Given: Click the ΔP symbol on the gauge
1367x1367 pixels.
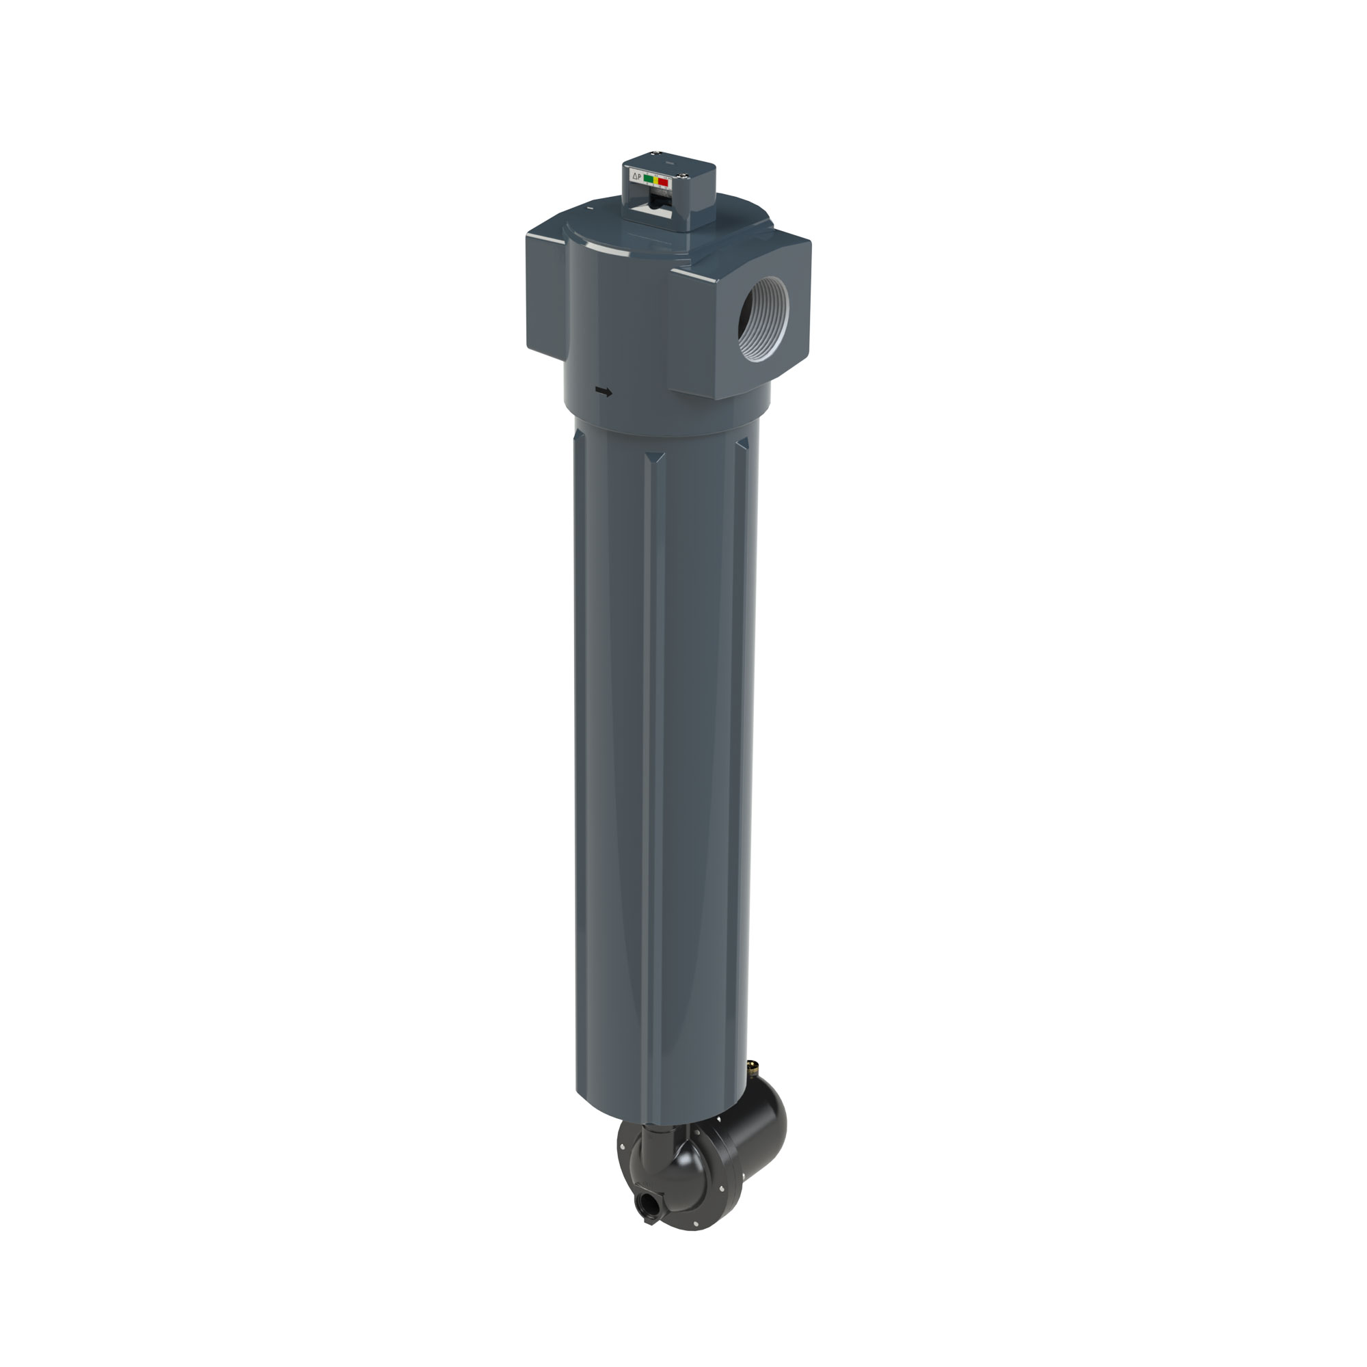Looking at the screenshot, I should [x=637, y=177].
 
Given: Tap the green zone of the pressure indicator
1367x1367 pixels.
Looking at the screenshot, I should [x=649, y=179].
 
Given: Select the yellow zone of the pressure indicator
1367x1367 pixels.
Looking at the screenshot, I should [x=656, y=180].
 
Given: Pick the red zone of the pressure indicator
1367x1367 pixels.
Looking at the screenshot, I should [x=664, y=182].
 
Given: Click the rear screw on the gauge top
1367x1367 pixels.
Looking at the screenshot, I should [x=657, y=153].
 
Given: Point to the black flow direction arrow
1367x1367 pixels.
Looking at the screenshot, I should [x=604, y=391].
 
